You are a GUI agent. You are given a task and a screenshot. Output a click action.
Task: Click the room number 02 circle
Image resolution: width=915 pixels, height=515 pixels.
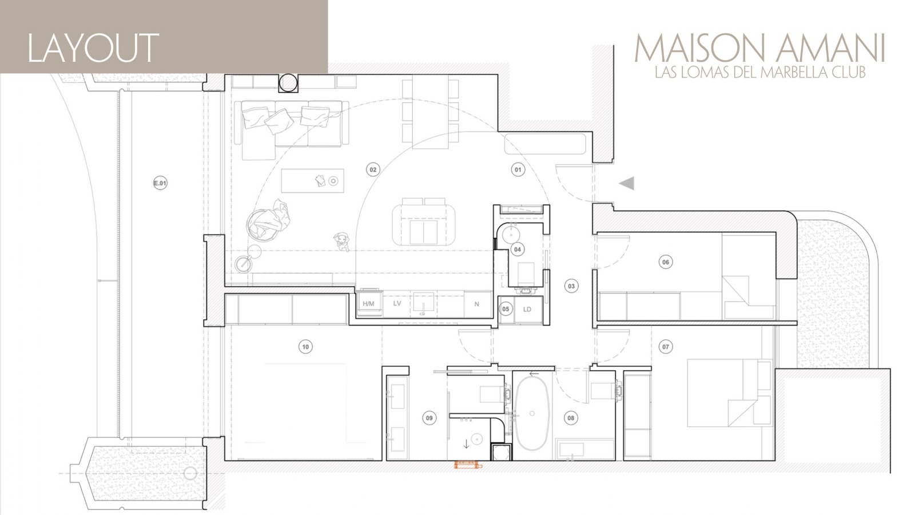click(x=373, y=169)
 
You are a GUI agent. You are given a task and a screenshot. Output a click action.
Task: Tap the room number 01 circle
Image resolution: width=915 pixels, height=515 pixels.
click(x=518, y=169)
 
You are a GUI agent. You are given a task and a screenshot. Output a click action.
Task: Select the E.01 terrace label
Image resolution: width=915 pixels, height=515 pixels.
click(x=160, y=184)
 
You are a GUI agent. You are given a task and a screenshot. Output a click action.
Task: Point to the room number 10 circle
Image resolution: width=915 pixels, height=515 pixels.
click(x=305, y=346)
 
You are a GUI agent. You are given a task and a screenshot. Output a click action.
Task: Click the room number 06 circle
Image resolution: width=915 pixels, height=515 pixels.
click(x=665, y=262)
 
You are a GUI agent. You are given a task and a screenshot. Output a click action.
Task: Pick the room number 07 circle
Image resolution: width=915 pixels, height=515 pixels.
click(x=665, y=346)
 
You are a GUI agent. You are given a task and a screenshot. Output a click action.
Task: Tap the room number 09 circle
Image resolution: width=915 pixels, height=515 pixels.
click(x=429, y=418)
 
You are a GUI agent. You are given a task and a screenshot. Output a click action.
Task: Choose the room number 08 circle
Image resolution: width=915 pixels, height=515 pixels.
click(x=571, y=418)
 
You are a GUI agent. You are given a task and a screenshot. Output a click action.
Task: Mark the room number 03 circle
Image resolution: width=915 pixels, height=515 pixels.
click(x=571, y=286)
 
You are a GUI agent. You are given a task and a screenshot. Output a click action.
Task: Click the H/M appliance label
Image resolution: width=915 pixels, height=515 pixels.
click(x=368, y=303)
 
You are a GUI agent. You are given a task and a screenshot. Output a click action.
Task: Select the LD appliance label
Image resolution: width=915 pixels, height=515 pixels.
click(x=527, y=309)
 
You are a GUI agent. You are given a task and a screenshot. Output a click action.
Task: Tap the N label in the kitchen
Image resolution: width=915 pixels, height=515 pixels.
click(x=477, y=304)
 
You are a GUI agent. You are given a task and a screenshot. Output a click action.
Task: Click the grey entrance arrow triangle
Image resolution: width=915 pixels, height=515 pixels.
click(x=627, y=183)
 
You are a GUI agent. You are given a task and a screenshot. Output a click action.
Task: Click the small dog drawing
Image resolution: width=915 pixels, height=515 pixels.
click(x=342, y=241)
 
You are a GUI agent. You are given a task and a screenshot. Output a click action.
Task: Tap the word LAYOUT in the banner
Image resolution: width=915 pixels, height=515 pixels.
click(x=93, y=47)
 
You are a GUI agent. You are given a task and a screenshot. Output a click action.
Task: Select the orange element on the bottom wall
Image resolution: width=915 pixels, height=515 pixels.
click(x=468, y=465)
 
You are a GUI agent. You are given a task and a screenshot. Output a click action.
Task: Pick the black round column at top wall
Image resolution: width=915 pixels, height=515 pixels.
click(x=288, y=82)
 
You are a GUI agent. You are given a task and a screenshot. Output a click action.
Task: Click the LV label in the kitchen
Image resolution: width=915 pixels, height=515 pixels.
click(x=397, y=303)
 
